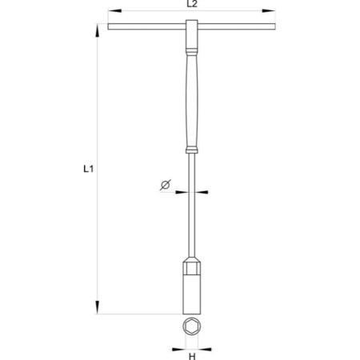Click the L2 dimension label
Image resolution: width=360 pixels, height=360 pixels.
pyautogui.click(x=192, y=4)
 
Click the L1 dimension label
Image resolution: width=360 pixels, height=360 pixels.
pyautogui.click(x=88, y=169)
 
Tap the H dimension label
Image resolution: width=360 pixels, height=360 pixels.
pyautogui.click(x=192, y=356)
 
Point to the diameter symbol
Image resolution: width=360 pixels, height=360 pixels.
pyautogui.click(x=166, y=185)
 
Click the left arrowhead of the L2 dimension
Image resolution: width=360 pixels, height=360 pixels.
pyautogui.click(x=114, y=10)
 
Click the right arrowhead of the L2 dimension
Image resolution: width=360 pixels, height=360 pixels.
pyautogui.click(x=268, y=10)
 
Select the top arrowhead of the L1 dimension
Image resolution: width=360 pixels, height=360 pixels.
pyautogui.click(x=98, y=30)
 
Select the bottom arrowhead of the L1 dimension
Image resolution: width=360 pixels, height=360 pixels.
pyautogui.click(x=98, y=307)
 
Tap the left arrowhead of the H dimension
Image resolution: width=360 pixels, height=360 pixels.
pyautogui.click(x=178, y=349)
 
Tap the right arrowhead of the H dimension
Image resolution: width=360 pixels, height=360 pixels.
pyautogui.click(x=205, y=349)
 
